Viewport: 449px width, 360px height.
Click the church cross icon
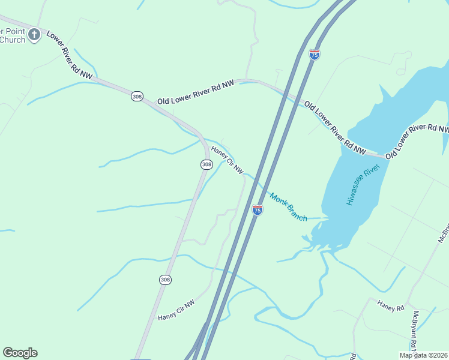coord(34,34)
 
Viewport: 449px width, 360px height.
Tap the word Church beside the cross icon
coord(13,40)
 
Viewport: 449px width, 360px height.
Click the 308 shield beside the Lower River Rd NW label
coord(137,97)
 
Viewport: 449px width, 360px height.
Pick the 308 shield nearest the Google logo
coord(165,280)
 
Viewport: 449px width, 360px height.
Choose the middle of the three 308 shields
coord(206,164)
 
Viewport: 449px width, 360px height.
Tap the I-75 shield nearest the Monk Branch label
coord(257,210)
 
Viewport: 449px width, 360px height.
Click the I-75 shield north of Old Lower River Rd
coord(315,55)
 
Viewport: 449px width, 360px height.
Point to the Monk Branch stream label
coord(288,206)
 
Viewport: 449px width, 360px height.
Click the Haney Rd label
coord(391,306)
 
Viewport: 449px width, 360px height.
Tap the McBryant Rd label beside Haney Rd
coord(415,330)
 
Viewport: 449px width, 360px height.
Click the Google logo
coord(20,353)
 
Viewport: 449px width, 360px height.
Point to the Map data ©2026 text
coord(423,355)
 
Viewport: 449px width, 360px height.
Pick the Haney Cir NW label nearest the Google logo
coord(176,310)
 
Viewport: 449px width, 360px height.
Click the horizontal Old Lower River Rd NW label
coord(195,94)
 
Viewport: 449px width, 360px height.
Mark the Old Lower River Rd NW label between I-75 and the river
coord(335,128)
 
